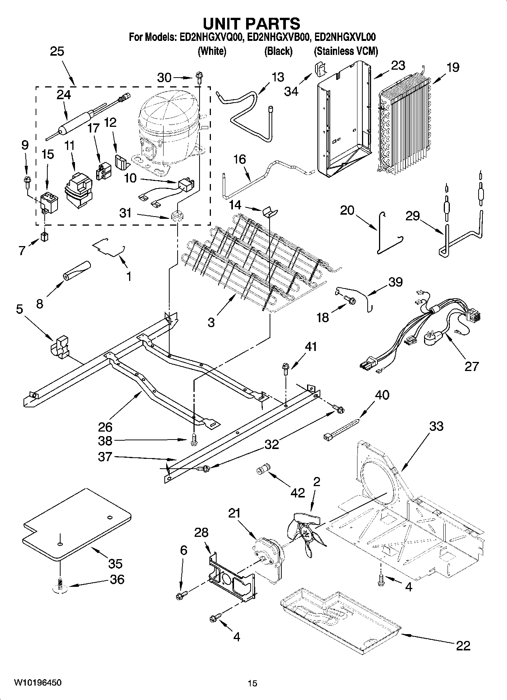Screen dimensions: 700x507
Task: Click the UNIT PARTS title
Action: click(252, 23)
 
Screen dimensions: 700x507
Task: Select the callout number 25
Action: click(57, 51)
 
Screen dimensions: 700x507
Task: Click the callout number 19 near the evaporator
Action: click(452, 67)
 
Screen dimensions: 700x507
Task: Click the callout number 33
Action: click(436, 426)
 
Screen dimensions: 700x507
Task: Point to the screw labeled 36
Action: click(60, 585)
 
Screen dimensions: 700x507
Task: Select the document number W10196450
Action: click(37, 683)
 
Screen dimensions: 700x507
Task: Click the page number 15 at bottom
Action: click(252, 683)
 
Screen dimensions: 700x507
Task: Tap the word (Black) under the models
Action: click(278, 51)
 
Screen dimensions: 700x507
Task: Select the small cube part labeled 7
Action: click(45, 237)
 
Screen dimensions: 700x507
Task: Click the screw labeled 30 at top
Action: click(199, 77)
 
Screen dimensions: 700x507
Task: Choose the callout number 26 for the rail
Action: click(105, 427)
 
